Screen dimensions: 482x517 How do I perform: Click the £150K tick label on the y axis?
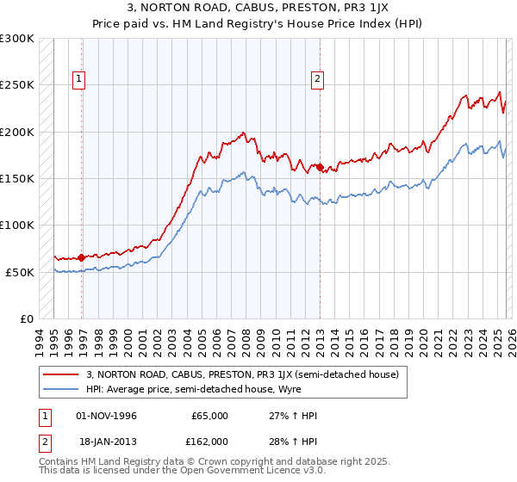pos(16,179)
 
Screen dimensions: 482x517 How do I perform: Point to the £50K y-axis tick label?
pos(19,272)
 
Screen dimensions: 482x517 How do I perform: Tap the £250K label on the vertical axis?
pos(16,85)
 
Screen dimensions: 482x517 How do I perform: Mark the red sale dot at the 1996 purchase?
pos(82,257)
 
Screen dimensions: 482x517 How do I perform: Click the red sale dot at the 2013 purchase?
pos(320,167)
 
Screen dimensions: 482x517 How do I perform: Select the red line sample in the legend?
pos(60,375)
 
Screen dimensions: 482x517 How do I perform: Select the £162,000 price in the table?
pos(210,441)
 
